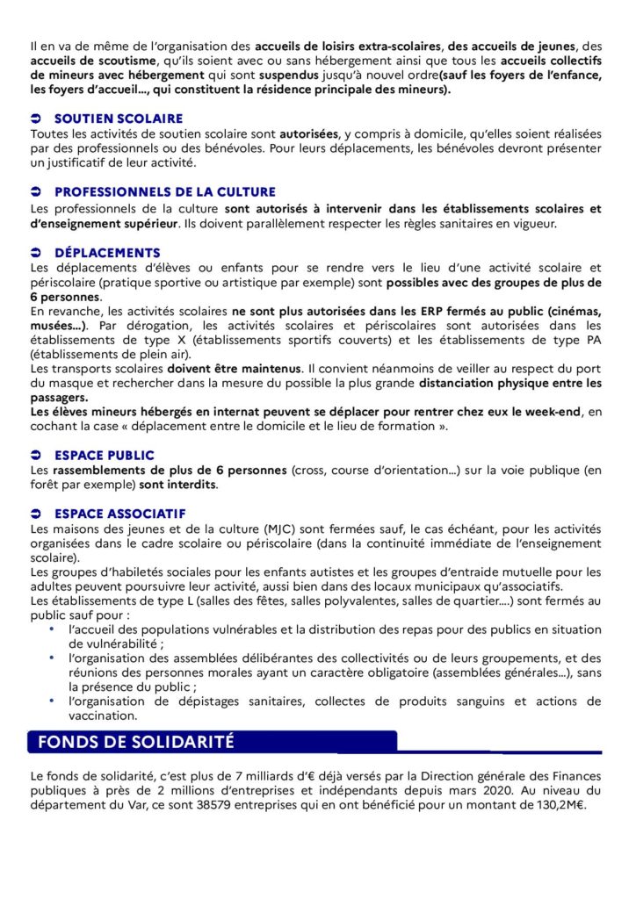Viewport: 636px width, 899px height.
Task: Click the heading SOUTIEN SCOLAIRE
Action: tap(119, 118)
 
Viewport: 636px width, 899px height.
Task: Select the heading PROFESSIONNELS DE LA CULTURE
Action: tap(164, 191)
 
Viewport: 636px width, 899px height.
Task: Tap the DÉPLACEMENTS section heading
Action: tap(107, 253)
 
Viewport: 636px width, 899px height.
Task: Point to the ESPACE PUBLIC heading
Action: tap(104, 455)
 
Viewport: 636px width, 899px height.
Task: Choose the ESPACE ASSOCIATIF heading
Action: tap(119, 514)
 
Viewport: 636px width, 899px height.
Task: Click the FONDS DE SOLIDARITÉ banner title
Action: tap(136, 741)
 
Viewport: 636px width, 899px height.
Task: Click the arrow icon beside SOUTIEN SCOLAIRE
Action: tap(35, 118)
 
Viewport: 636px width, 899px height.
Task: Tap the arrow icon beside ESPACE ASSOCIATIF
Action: tap(35, 514)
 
